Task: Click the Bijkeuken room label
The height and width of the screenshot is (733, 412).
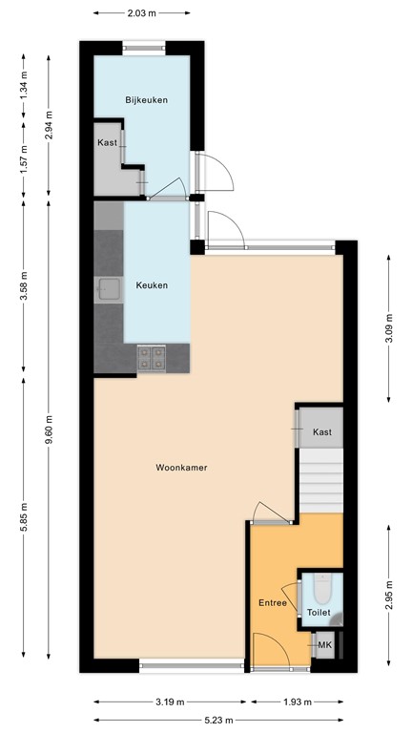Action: click(141, 99)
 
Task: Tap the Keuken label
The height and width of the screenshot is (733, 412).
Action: click(152, 284)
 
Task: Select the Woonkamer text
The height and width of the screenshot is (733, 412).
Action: click(181, 468)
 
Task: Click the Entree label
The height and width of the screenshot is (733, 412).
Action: click(273, 603)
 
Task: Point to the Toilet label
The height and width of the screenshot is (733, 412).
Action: click(319, 612)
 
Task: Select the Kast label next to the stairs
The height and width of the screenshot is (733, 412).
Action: click(322, 433)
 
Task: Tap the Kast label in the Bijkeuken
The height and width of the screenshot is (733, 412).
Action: click(107, 143)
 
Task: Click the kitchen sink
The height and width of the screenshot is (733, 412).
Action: click(107, 287)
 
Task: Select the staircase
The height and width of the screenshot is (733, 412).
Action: click(320, 482)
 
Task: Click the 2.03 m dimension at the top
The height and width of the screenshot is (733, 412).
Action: click(141, 14)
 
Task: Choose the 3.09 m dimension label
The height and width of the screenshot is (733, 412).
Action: click(388, 327)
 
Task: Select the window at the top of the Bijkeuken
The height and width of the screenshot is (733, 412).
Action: click(141, 45)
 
